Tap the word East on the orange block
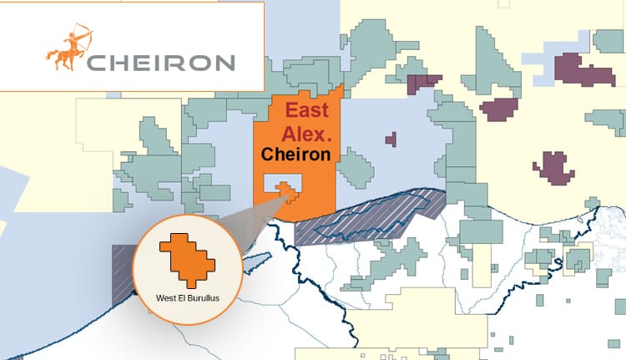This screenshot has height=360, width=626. pyautogui.click(x=308, y=111)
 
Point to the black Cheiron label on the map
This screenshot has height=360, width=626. pyautogui.click(x=295, y=155)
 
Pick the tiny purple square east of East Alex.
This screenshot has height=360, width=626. pyautogui.click(x=389, y=139)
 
